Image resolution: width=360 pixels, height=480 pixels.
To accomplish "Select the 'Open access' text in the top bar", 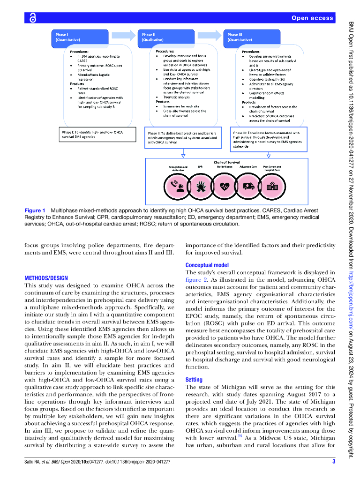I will [x=312, y=18].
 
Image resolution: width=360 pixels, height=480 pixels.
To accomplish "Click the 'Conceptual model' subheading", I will [x=207, y=265].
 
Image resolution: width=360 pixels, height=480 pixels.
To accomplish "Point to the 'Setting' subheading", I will [x=194, y=380].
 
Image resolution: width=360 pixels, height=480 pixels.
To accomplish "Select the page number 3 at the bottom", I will [x=334, y=462].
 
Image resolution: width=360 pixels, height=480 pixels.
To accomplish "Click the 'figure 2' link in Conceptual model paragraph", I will [x=196, y=279].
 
